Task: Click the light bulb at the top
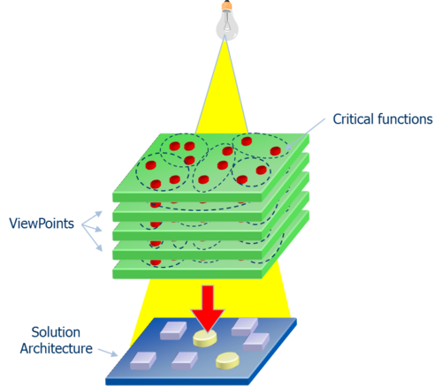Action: coord(226,20)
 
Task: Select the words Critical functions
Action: coord(383,119)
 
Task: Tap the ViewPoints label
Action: coord(42,224)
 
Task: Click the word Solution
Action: coord(56,332)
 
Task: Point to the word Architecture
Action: coord(56,348)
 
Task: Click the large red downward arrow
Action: coord(208,309)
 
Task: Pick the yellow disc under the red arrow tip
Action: coord(205,338)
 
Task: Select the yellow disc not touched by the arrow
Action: coord(227,360)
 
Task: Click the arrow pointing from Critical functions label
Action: coord(305,133)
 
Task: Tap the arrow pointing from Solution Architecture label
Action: coord(108,353)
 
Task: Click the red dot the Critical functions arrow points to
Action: coord(275,151)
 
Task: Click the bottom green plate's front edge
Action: coord(187,274)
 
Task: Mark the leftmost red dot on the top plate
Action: coord(150,165)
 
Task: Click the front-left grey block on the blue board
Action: coord(143,361)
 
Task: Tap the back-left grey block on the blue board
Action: coord(173,330)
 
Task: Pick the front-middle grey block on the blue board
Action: coord(185,361)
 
